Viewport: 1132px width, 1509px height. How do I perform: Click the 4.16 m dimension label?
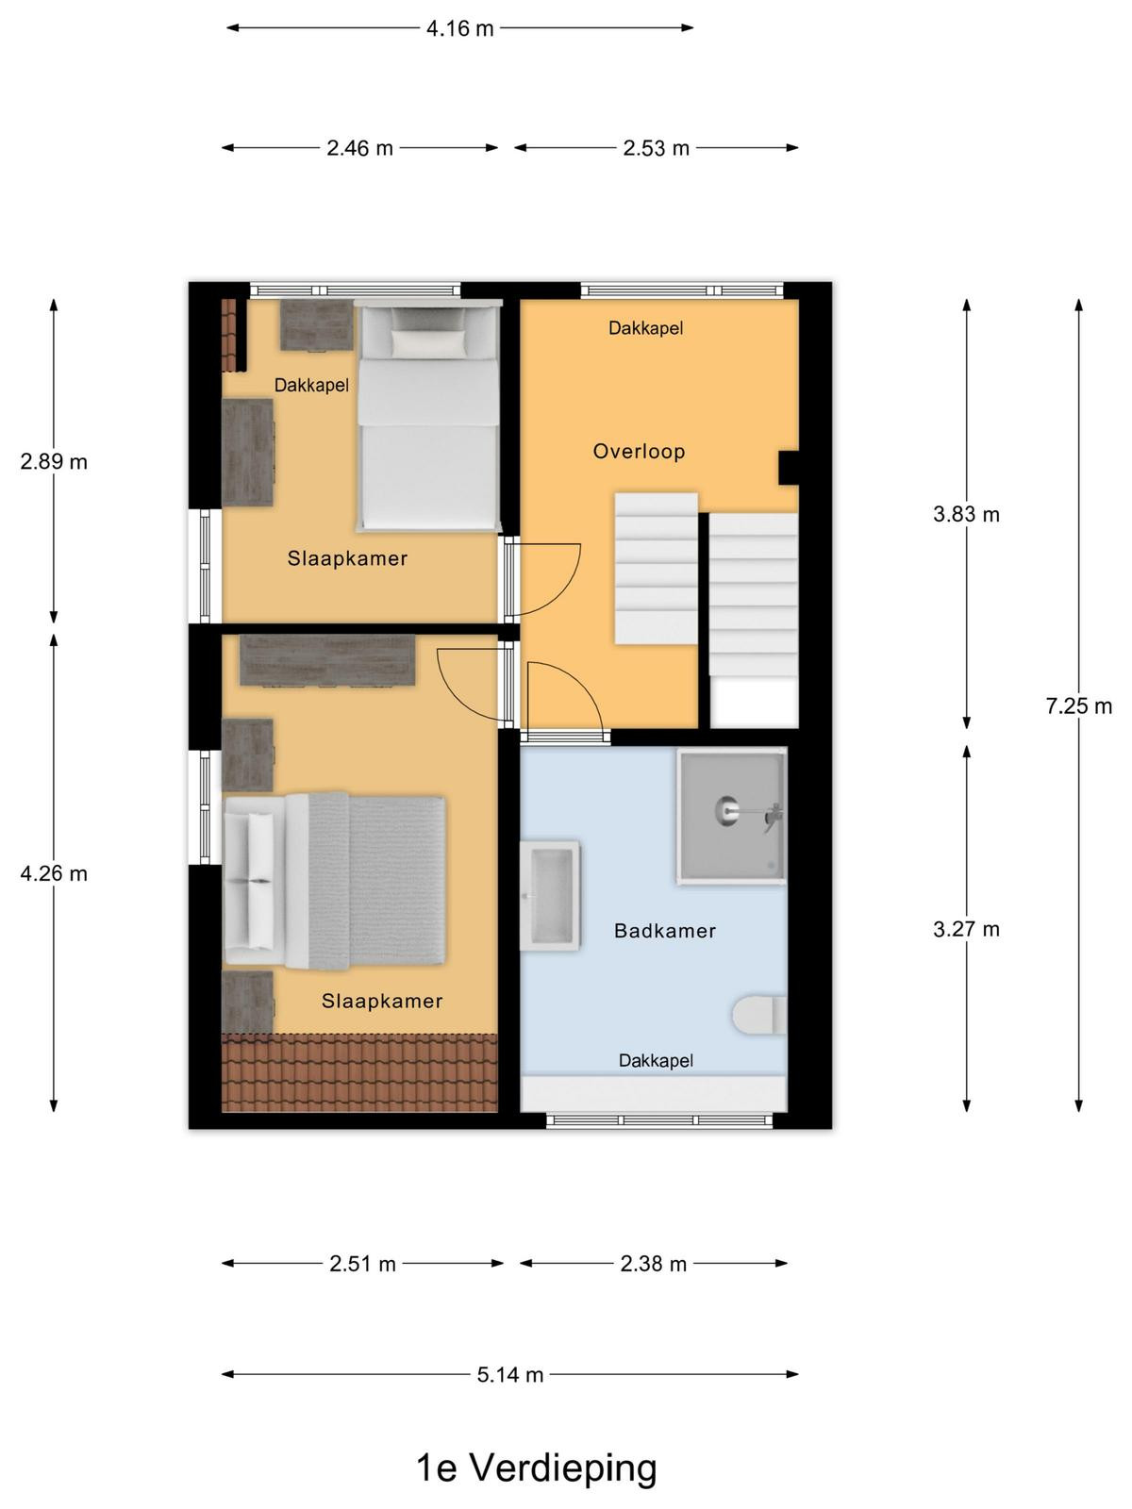[459, 28]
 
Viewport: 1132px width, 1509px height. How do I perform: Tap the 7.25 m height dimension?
[1078, 705]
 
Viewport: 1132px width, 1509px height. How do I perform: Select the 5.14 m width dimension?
[510, 1374]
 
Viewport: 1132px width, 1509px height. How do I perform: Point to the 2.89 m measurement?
[54, 461]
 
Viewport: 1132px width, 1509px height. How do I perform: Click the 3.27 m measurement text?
[966, 929]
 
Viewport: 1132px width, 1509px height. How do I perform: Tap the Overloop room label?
[640, 451]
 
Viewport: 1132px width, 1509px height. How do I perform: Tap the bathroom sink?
[549, 894]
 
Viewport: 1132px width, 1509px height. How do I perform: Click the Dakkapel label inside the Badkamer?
[656, 1060]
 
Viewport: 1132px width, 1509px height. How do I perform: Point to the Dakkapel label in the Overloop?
[645, 328]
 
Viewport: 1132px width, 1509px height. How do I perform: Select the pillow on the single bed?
[428, 343]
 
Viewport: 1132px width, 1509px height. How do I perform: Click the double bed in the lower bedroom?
[335, 881]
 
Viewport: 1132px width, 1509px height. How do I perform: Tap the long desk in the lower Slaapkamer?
[327, 660]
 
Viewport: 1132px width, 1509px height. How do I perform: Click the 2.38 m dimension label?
[653, 1263]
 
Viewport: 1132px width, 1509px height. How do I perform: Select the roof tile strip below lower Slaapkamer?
[359, 1072]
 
